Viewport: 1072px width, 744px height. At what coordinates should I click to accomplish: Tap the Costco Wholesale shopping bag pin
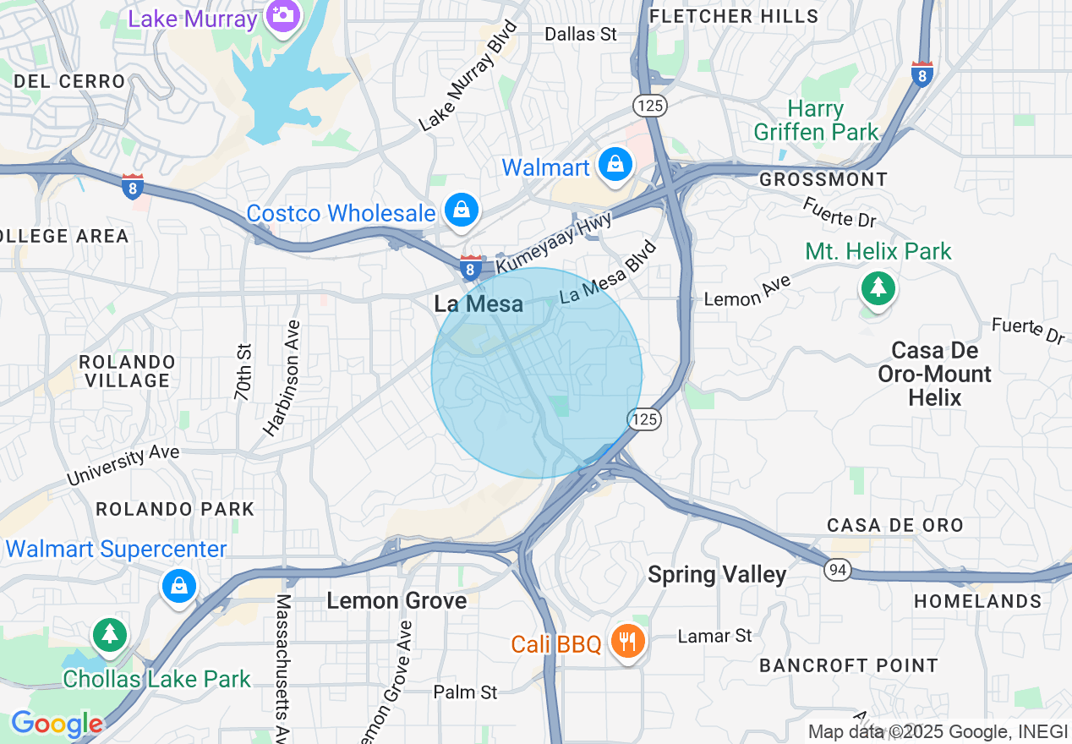462,211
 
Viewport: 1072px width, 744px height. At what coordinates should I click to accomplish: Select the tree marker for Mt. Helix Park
878,289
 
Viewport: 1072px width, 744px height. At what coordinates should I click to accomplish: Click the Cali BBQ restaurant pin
626,643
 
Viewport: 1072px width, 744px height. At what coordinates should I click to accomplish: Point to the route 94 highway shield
838,571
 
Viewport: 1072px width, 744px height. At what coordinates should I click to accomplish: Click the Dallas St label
581,35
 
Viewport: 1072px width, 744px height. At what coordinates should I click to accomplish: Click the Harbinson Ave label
282,378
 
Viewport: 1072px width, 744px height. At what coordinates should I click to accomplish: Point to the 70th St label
243,372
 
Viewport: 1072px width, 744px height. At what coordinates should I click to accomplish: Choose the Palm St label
465,692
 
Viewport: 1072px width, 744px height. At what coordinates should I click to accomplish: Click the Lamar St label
714,635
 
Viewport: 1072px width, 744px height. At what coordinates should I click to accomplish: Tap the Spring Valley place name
717,575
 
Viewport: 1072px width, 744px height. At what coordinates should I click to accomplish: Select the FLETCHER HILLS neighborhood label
734,16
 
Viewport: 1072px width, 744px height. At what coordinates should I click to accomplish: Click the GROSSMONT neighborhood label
823,179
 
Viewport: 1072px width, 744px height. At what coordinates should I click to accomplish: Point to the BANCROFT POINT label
848,665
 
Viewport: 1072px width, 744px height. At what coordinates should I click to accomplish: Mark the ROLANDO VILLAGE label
127,371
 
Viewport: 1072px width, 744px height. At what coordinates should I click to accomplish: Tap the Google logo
56,724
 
